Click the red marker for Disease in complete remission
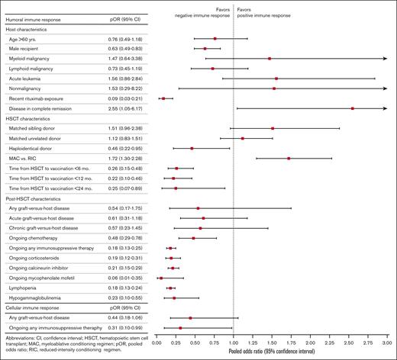click(352, 108)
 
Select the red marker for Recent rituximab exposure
click(163, 98)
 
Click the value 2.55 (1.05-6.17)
click(125, 108)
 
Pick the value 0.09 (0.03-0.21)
click(125, 98)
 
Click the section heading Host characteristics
click(32, 28)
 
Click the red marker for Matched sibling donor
click(273, 128)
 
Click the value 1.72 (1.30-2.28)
click(125, 158)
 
